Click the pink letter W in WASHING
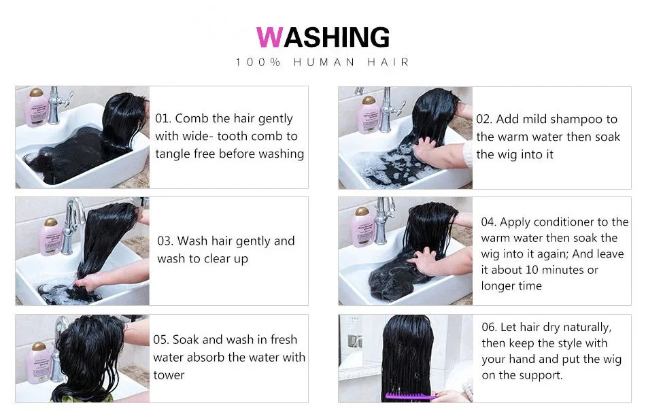click(x=269, y=37)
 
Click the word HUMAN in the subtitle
click(x=324, y=62)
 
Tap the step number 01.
click(x=163, y=119)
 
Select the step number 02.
click(x=483, y=119)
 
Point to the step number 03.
click(x=165, y=241)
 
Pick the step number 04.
click(x=488, y=222)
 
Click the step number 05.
click(x=160, y=340)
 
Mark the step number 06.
click(x=489, y=328)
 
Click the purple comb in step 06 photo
click(x=411, y=397)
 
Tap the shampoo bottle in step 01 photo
click(x=37, y=107)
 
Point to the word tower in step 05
click(x=169, y=375)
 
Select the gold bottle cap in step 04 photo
click(x=362, y=211)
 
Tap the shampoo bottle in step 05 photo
click(x=38, y=363)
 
